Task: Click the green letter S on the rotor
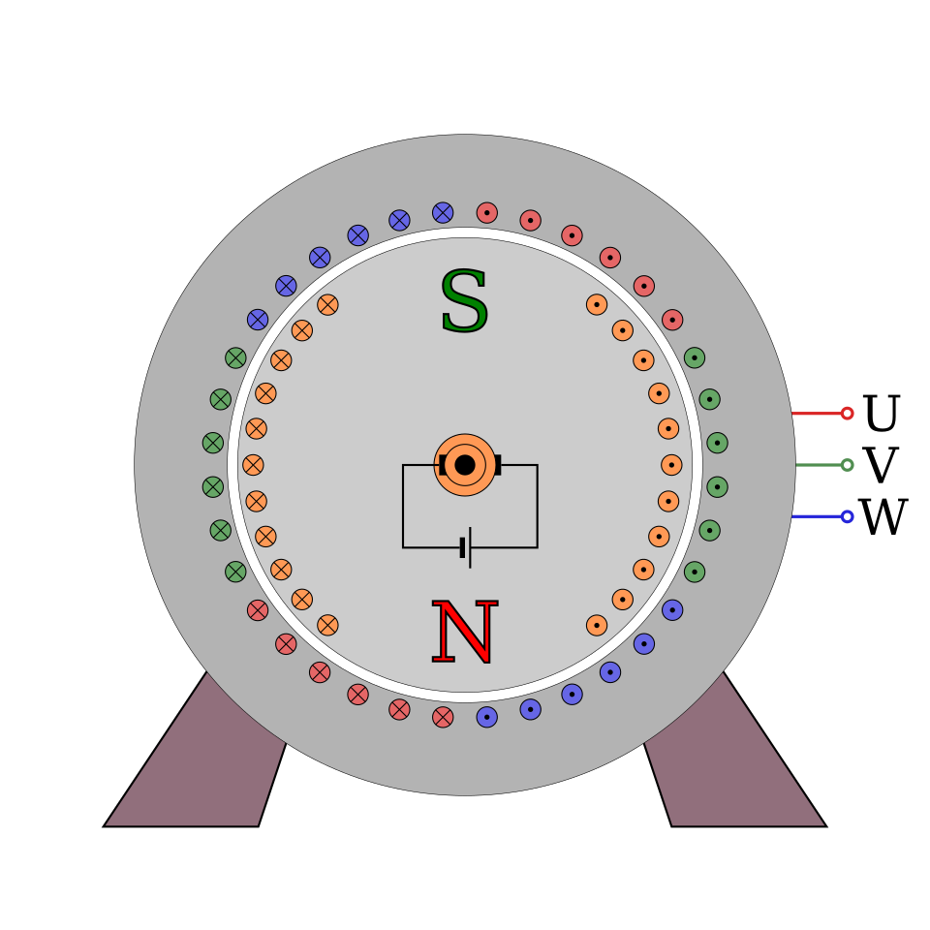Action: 464,300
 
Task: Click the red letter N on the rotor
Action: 464,632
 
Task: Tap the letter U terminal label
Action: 881,414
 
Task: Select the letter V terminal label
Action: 881,465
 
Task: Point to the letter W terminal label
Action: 883,516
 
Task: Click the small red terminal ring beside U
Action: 847,414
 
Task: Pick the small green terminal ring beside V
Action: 847,465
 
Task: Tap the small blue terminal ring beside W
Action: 847,516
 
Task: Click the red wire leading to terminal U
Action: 816,414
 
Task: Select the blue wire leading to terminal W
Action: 816,516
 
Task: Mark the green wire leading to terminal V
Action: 819,465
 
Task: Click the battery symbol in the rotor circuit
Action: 466,547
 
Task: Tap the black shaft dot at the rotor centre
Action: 464,465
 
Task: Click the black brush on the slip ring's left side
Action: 443,465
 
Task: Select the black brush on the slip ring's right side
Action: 498,465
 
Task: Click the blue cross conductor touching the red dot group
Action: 443,212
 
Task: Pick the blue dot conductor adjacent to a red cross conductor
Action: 486,717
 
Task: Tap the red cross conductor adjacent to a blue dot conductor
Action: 443,717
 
